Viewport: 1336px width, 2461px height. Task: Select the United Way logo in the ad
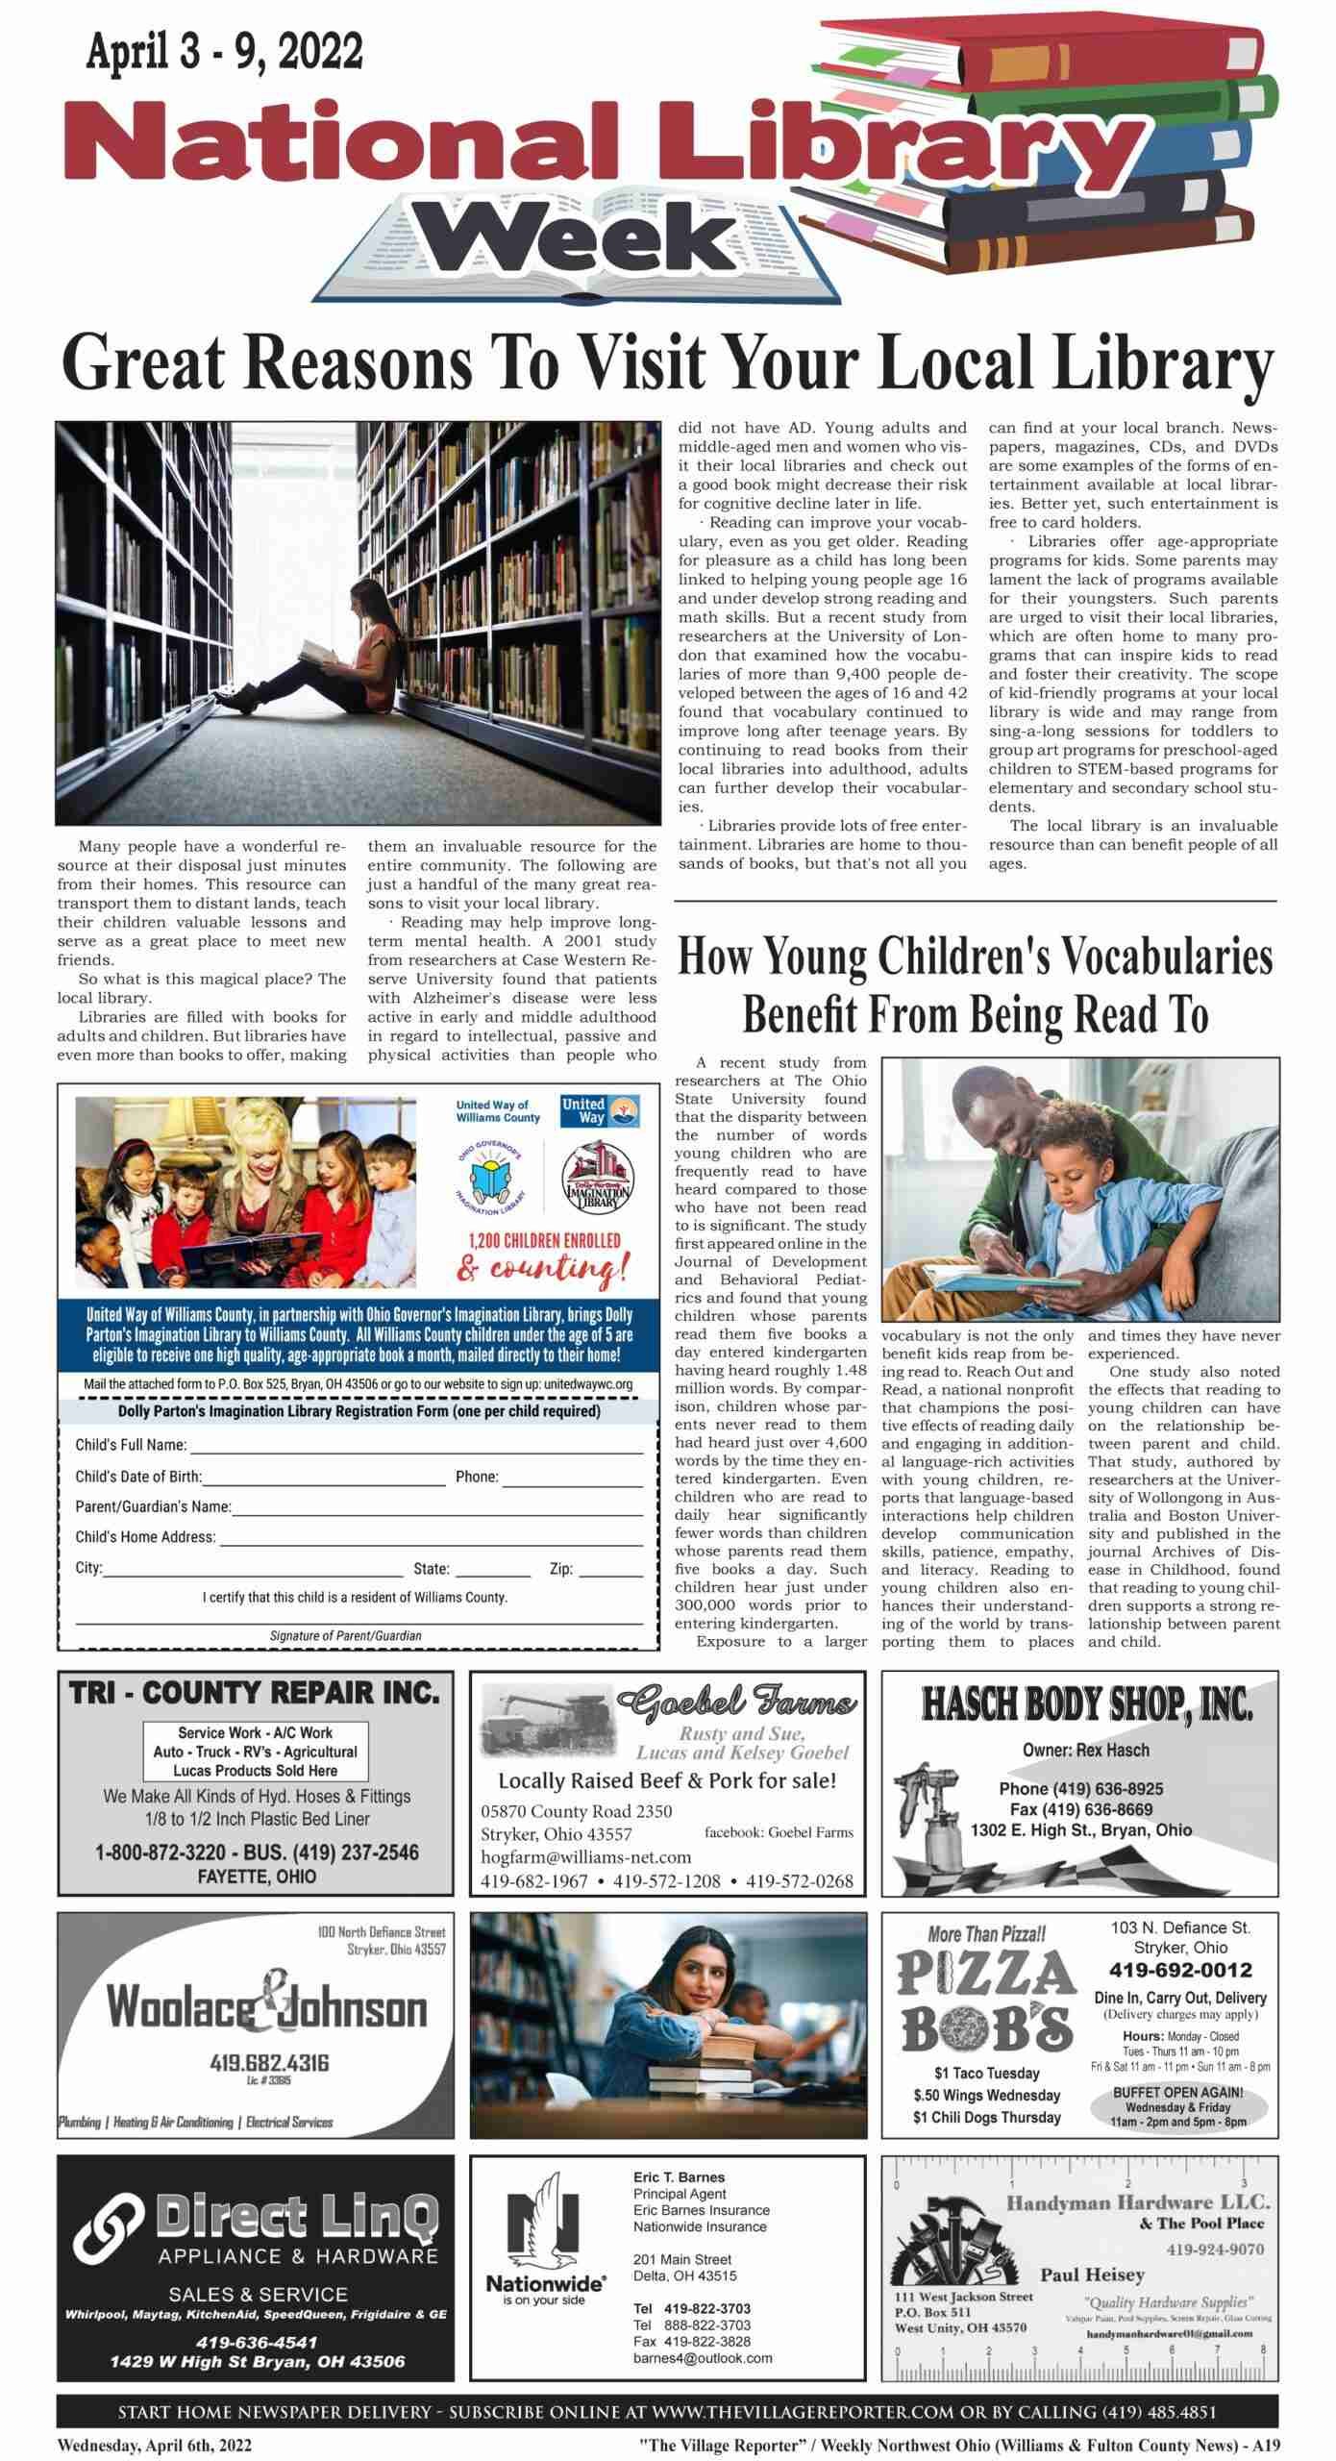(586, 1111)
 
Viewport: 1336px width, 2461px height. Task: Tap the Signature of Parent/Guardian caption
(345, 1635)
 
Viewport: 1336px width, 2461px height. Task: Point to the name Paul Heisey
(1092, 2275)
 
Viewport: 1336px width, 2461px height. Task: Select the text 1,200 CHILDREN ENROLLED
(544, 1240)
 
